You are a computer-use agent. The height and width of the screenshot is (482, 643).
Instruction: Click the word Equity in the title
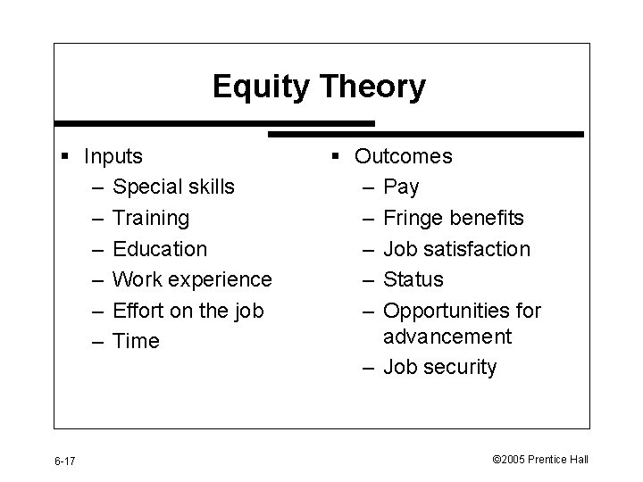click(256, 87)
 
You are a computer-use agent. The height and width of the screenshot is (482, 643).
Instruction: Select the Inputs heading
click(113, 156)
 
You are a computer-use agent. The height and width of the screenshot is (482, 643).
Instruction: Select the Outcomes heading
click(403, 156)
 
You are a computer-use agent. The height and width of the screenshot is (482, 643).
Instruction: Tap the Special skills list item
click(174, 187)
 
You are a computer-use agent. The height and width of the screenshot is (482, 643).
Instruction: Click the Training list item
click(151, 218)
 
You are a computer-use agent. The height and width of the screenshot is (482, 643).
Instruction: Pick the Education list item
click(160, 249)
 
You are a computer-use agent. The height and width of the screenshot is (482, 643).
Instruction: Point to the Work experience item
click(192, 279)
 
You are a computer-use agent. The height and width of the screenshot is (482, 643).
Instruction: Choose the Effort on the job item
click(188, 311)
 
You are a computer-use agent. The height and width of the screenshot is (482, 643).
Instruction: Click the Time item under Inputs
click(137, 341)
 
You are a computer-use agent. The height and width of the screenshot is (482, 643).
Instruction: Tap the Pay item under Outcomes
click(401, 187)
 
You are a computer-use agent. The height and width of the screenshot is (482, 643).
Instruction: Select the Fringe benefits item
click(454, 218)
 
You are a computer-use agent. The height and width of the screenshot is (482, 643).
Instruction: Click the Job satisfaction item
click(456, 249)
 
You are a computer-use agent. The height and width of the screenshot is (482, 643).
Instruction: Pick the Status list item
click(413, 279)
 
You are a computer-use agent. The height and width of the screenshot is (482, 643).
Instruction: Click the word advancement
click(447, 337)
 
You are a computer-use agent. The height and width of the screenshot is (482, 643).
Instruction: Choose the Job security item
click(439, 367)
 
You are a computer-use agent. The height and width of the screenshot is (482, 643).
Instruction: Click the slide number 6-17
click(64, 461)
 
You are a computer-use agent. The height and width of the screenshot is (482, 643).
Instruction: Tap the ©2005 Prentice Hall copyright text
click(540, 460)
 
